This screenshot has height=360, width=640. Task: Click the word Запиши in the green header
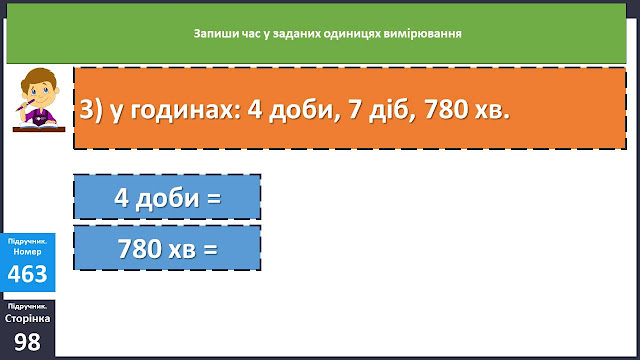point(209,33)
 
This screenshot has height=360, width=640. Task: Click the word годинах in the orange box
point(186,109)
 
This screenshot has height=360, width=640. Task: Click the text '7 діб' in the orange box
point(382,109)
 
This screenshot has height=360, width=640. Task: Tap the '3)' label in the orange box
point(91,109)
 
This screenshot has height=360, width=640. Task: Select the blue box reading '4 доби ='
point(167,197)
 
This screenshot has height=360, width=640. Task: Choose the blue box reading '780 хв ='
point(167,248)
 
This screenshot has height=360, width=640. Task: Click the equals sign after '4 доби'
point(214,199)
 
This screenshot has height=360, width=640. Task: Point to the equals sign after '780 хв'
point(210,250)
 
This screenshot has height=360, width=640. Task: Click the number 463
point(27,273)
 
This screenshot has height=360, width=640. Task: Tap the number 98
point(27,342)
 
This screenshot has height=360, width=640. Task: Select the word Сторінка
point(27,318)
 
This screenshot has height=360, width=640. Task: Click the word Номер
point(27,251)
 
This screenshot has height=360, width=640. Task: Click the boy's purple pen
point(25,105)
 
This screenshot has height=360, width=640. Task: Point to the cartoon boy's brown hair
point(38,78)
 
